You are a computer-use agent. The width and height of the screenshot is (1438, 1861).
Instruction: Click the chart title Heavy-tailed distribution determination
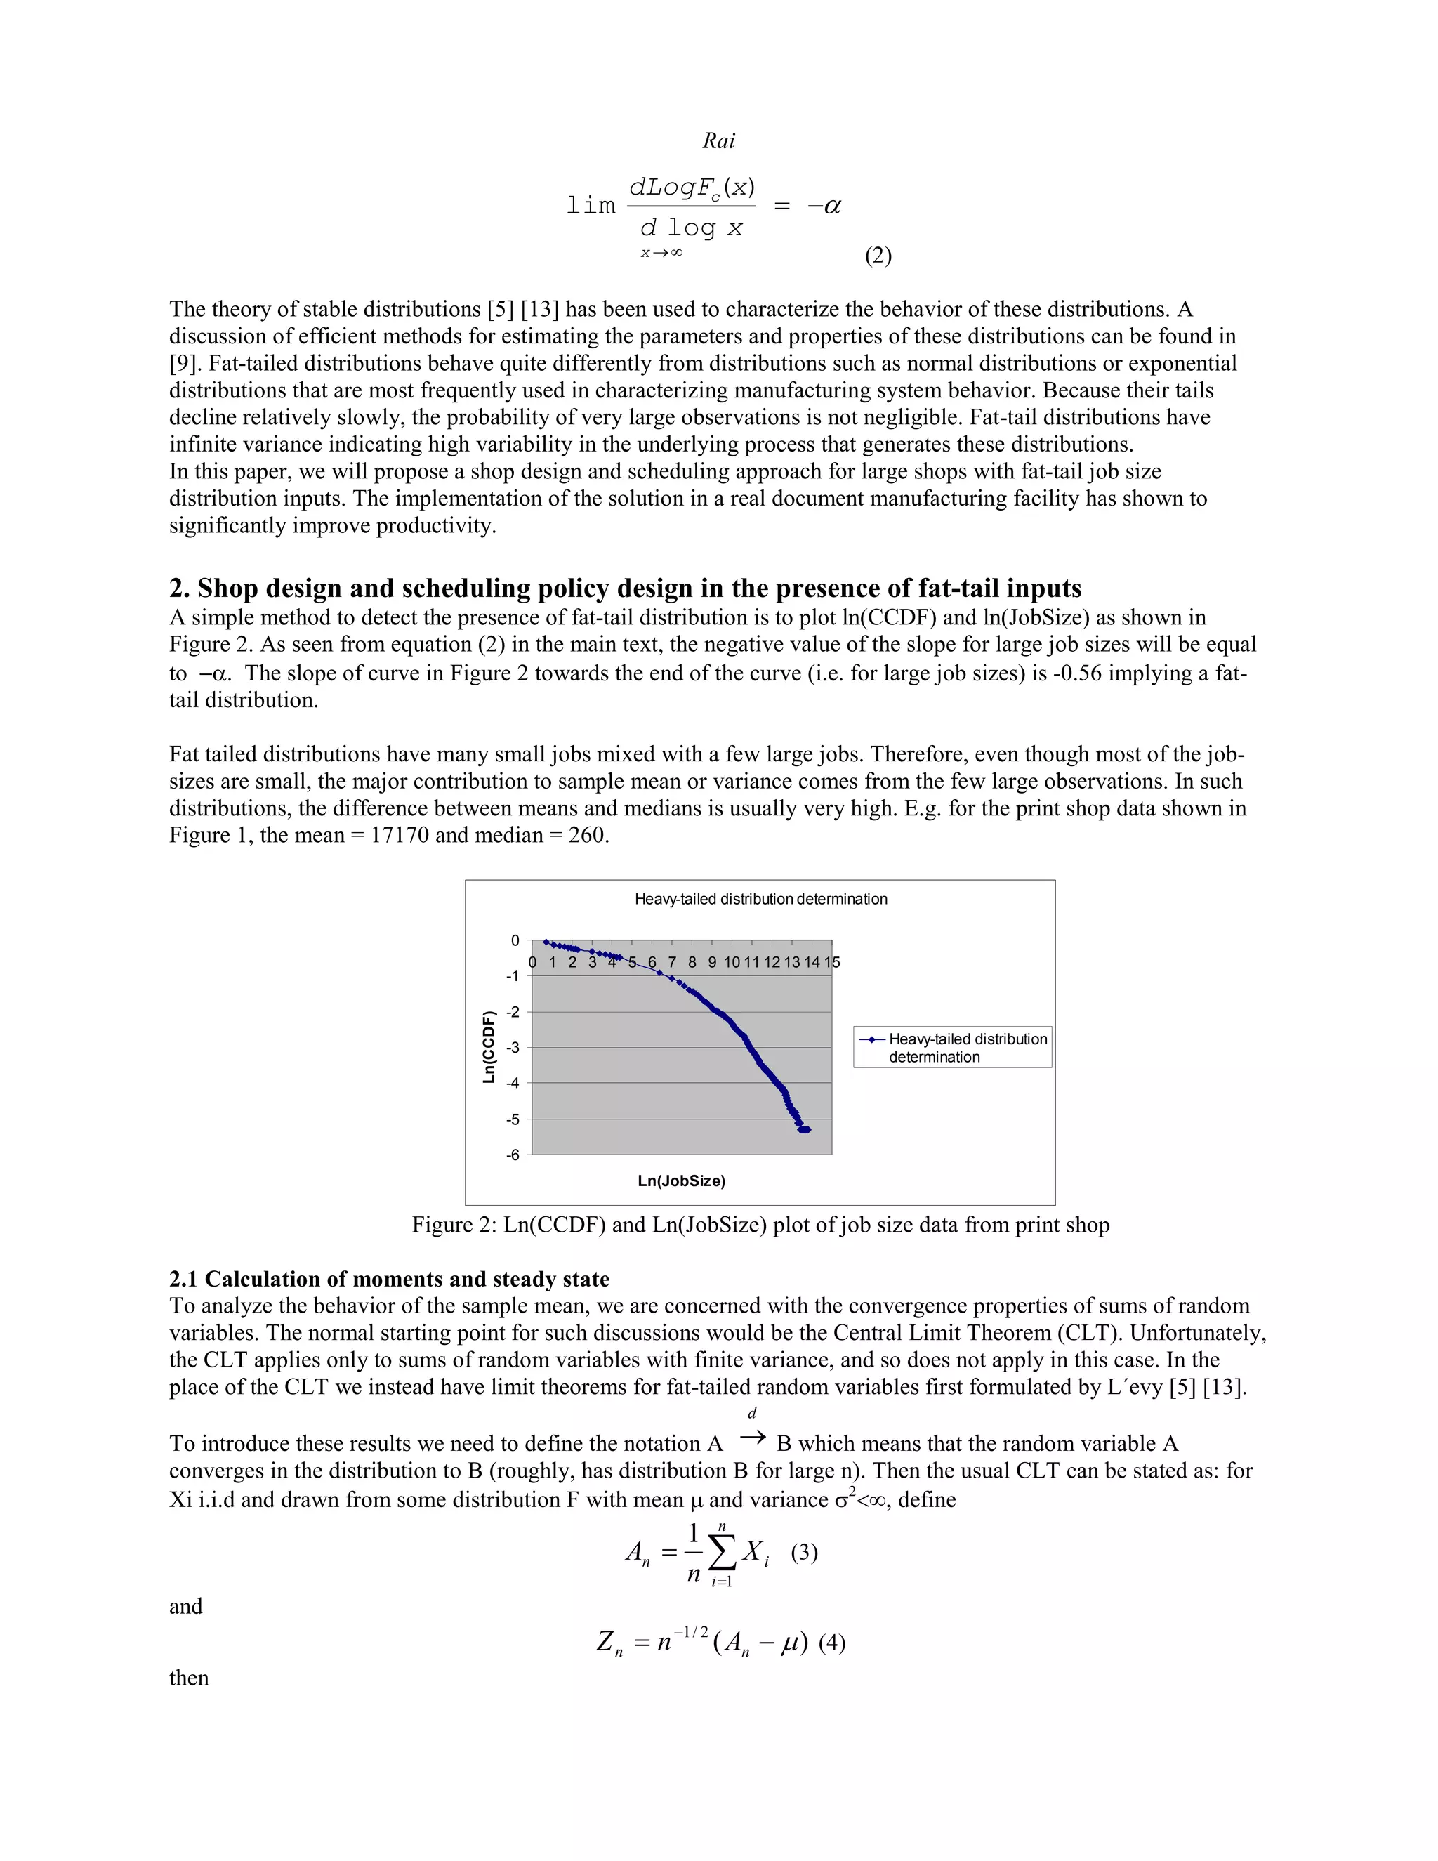[x=760, y=899]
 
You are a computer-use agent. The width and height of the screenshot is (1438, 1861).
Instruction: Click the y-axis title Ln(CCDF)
[x=489, y=1047]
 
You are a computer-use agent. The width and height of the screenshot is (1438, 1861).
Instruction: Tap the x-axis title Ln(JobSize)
[x=682, y=1181]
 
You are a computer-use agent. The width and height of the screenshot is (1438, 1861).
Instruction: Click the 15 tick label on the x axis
[x=831, y=963]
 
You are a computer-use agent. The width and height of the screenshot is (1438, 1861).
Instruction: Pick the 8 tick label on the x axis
[x=692, y=963]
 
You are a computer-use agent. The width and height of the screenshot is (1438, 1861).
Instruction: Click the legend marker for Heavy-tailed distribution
[x=871, y=1039]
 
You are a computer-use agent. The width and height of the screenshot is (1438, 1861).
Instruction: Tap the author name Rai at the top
[x=718, y=140]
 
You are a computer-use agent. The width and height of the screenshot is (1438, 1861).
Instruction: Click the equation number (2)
[x=878, y=256]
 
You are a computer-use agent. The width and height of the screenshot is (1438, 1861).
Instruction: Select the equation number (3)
[x=804, y=1553]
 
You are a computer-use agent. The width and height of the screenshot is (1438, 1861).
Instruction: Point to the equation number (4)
[x=831, y=1643]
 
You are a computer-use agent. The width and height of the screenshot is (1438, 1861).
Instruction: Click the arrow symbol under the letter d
[x=752, y=1438]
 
